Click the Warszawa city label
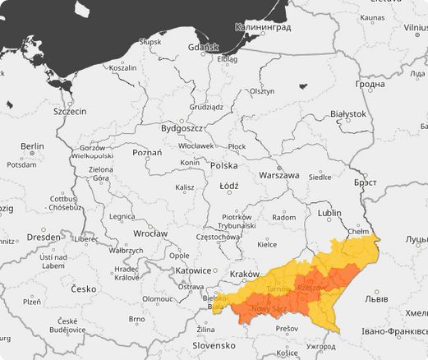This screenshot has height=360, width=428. coord(278,175)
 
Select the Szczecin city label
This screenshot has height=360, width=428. coord(70,111)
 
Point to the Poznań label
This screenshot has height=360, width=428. coord(147,152)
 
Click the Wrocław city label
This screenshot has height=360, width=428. coord(150,233)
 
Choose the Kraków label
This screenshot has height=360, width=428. coord(244,273)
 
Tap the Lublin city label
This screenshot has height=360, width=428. coord(329,212)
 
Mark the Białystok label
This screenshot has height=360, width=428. coord(347,113)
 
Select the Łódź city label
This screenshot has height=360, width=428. coord(229,186)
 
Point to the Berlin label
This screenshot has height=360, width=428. coord(32,145)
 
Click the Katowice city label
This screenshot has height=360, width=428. coord(194,270)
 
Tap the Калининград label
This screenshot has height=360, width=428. coord(263,26)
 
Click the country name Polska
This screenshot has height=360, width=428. coord(223,165)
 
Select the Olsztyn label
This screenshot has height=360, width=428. coord(262,91)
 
